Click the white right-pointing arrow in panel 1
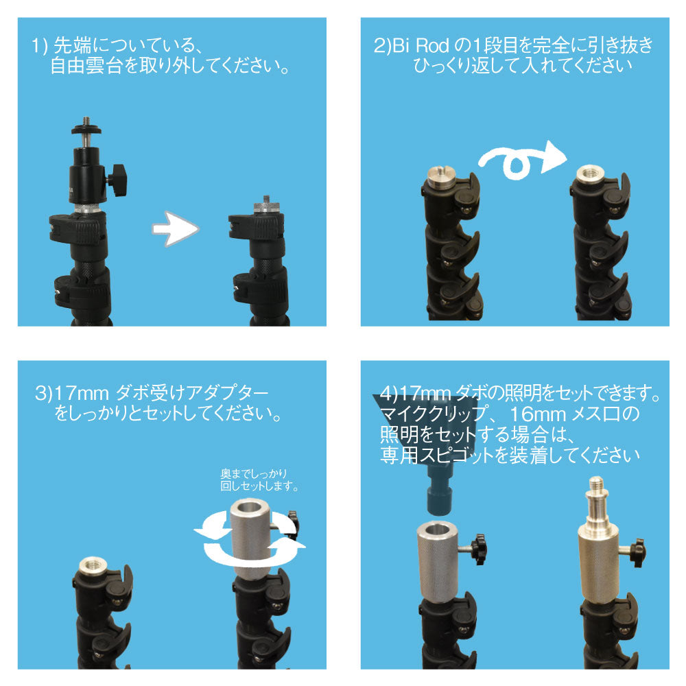click(x=176, y=229)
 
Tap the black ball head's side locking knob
click(x=117, y=179)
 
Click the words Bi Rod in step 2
click(x=421, y=45)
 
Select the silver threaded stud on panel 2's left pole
click(x=441, y=174)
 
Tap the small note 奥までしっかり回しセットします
click(x=259, y=480)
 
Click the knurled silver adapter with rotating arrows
click(x=250, y=539)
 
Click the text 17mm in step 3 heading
click(x=82, y=393)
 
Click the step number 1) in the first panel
click(x=39, y=45)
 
